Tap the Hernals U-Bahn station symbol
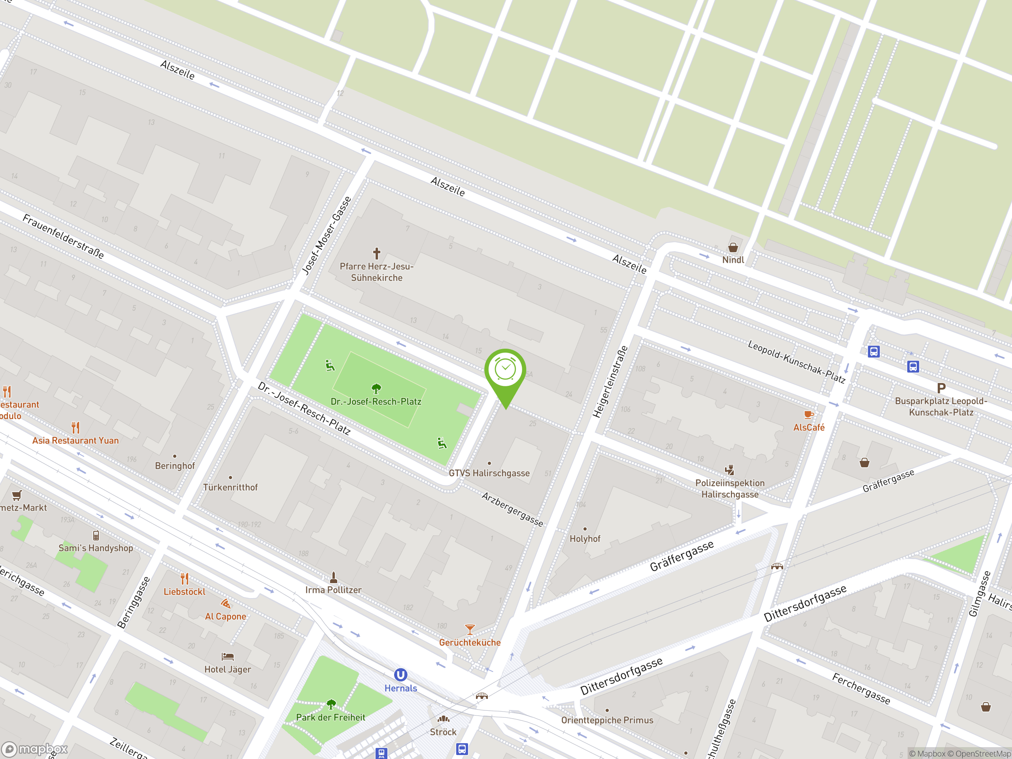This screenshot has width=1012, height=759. point(400,675)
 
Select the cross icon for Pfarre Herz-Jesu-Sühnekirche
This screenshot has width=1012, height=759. point(376,253)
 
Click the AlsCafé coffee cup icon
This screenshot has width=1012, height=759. point(808,415)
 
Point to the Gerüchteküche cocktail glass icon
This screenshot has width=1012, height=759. point(469,629)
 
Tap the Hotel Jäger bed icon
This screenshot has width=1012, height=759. point(227,657)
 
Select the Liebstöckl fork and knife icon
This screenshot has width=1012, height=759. point(184,579)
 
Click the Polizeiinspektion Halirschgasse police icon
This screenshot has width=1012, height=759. point(729,470)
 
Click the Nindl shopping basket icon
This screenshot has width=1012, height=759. point(733,247)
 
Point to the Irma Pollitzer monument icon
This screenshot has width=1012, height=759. point(334,577)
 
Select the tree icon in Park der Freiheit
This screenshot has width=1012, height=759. point(331,704)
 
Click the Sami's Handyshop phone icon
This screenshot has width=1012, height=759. point(96,535)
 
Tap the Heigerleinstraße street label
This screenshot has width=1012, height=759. point(610,381)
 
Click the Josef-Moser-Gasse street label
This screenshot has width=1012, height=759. point(327,236)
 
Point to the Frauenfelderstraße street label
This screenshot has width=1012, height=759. point(63,236)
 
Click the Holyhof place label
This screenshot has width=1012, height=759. point(585,538)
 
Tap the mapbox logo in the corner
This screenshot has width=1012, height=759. point(35,749)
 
